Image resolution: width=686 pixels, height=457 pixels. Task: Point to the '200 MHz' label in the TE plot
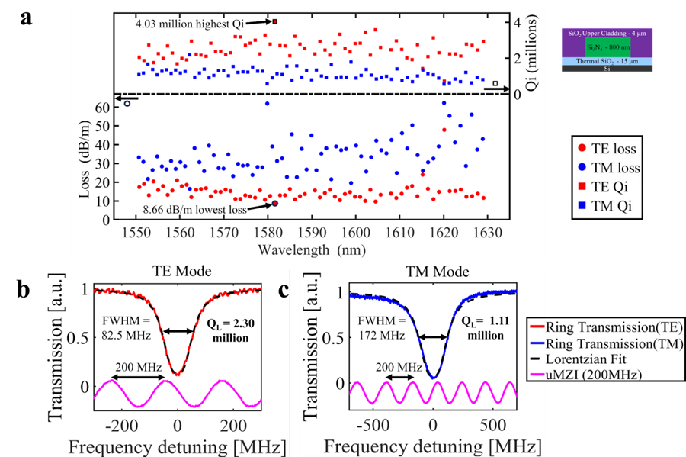click(138, 368)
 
